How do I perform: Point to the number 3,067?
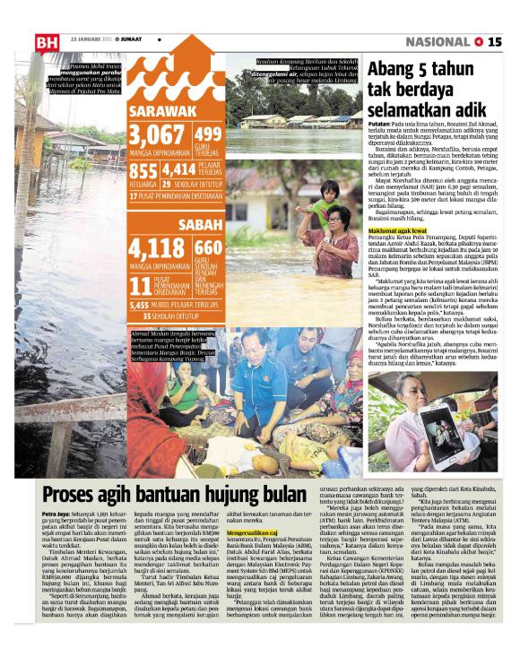pyautogui.click(x=157, y=135)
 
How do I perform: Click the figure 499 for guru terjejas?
pyautogui.click(x=207, y=134)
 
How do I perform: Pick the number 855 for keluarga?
pyautogui.click(x=143, y=171)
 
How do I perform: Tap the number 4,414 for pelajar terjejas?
pyautogui.click(x=179, y=170)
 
